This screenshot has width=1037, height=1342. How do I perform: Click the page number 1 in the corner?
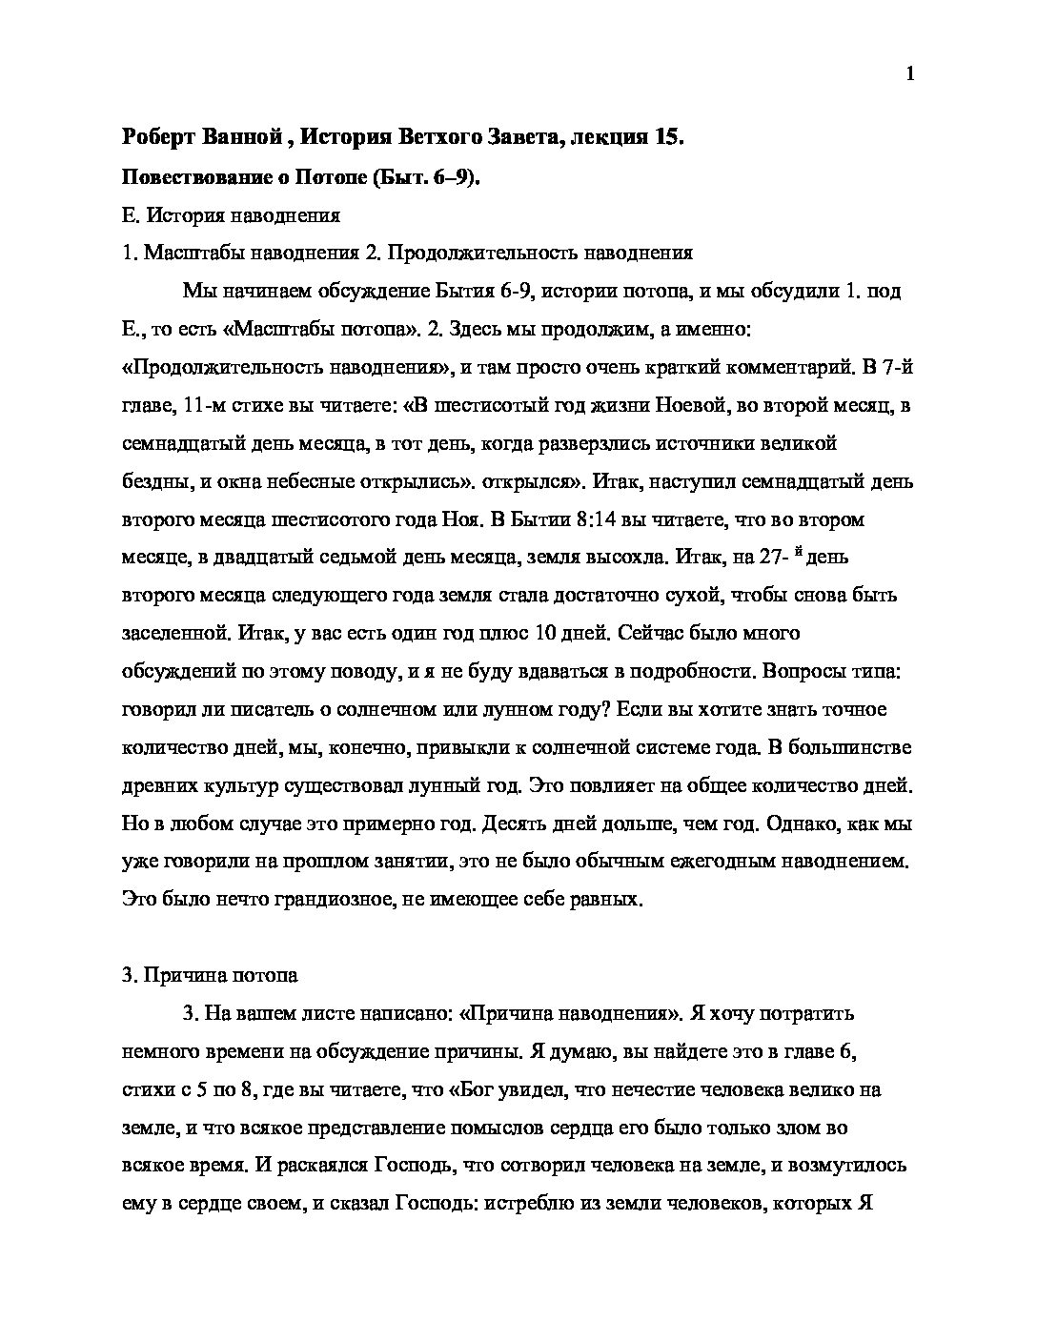pyautogui.click(x=910, y=74)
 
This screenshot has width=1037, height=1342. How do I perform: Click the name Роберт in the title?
pyautogui.click(x=158, y=137)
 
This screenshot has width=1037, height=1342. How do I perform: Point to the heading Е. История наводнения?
pyautogui.click(x=232, y=215)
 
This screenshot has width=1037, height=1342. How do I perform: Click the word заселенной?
pyautogui.click(x=173, y=634)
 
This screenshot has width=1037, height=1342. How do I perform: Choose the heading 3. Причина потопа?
pyautogui.click(x=211, y=975)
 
